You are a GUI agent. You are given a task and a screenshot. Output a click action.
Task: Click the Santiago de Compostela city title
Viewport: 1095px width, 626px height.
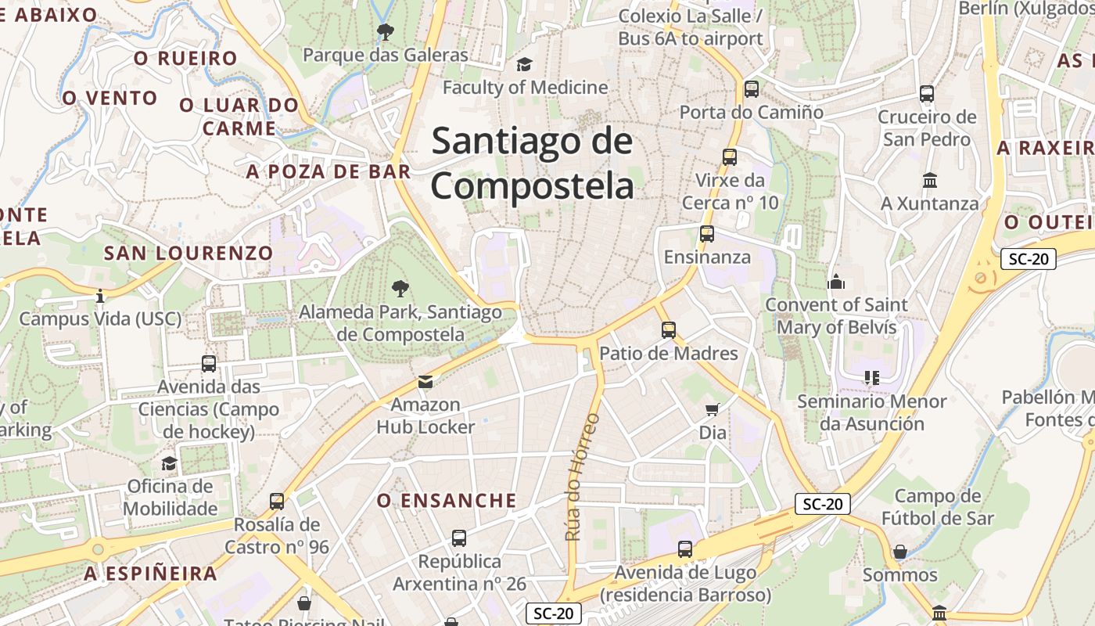(532, 164)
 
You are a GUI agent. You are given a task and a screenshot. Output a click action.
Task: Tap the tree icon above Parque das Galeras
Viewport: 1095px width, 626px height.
(385, 32)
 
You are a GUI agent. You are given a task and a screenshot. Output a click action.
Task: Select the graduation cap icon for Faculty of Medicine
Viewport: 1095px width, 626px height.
(524, 64)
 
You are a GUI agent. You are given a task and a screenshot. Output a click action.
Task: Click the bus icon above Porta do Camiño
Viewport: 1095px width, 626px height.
(752, 89)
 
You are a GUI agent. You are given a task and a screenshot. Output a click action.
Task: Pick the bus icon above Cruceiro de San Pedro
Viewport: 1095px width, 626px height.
(927, 94)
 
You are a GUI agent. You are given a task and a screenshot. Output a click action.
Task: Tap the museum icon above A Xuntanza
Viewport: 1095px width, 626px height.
(930, 181)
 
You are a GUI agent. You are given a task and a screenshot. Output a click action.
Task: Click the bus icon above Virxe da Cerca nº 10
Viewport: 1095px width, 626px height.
(730, 157)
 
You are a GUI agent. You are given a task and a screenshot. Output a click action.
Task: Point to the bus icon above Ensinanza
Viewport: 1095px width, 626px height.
(707, 234)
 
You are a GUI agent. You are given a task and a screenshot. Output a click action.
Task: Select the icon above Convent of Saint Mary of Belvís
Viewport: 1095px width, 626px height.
(836, 282)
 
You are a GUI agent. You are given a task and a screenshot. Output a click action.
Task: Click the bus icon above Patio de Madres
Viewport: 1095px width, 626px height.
(669, 330)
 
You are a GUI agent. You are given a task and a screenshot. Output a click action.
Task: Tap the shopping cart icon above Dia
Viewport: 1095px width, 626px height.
(713, 409)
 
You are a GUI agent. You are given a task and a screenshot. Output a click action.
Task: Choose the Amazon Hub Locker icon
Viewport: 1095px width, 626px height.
(425, 382)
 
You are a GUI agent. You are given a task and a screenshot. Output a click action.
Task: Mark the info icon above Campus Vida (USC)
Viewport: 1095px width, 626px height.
(100, 296)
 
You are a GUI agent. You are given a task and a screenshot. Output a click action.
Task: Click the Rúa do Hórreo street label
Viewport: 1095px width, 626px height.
(582, 477)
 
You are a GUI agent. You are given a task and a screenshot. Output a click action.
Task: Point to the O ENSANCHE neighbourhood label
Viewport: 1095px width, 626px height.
(447, 501)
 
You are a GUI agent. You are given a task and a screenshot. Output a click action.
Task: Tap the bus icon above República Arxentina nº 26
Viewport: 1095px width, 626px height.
(459, 538)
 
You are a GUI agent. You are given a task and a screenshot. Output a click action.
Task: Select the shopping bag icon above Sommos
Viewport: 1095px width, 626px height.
(900, 552)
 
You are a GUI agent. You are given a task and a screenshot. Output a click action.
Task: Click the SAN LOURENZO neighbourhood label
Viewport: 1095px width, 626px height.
(188, 253)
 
